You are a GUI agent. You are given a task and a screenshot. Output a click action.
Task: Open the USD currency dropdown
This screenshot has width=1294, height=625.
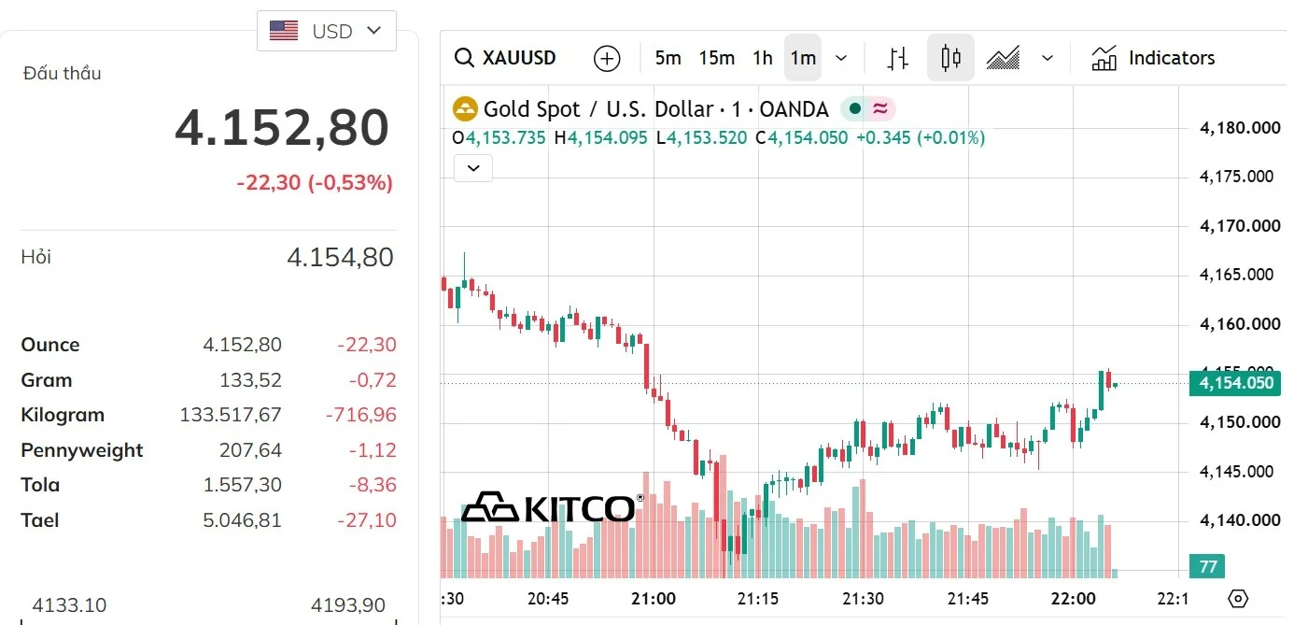pyautogui.click(x=327, y=31)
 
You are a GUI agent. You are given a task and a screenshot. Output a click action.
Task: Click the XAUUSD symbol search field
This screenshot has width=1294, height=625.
pyautogui.click(x=505, y=58)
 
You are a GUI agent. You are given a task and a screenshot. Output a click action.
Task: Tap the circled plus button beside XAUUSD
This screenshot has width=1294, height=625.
pyautogui.click(x=607, y=59)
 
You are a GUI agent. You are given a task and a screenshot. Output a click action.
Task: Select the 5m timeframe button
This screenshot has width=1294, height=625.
pyautogui.click(x=668, y=58)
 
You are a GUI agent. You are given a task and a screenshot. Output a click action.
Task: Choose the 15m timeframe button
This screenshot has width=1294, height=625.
pyautogui.click(x=716, y=58)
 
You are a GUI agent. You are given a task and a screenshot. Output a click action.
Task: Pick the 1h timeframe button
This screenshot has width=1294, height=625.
pyautogui.click(x=763, y=58)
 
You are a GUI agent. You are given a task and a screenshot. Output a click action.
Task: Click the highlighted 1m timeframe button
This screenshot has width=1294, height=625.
pyautogui.click(x=803, y=58)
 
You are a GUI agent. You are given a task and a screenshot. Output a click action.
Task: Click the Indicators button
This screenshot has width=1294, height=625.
pyautogui.click(x=1153, y=58)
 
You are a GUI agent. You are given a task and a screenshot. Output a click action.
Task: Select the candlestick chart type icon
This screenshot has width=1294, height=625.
pyautogui.click(x=950, y=58)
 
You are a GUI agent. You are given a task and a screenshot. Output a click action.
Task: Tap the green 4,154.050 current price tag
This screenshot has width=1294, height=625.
pyautogui.click(x=1235, y=383)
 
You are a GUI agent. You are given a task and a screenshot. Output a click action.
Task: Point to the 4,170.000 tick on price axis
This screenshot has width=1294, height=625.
pyautogui.click(x=1240, y=225)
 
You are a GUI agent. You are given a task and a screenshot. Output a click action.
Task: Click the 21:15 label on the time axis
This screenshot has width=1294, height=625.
pyautogui.click(x=758, y=599)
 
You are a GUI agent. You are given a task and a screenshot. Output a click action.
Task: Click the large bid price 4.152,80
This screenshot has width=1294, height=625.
pyautogui.click(x=282, y=127)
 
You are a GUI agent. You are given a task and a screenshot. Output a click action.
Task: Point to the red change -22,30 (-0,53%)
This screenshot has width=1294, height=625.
pyautogui.click(x=315, y=183)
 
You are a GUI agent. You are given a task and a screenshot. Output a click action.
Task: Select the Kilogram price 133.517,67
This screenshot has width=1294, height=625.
pyautogui.click(x=231, y=415)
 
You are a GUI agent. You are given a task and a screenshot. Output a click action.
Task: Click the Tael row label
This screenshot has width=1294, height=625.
pyautogui.click(x=40, y=519)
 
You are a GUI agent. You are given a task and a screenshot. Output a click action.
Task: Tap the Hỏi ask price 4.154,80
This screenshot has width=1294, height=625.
pyautogui.click(x=340, y=257)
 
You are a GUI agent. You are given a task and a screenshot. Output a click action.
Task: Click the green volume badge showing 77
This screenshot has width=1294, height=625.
pyautogui.click(x=1207, y=566)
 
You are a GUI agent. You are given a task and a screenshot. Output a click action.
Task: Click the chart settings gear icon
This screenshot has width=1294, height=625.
pyautogui.click(x=1238, y=599)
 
